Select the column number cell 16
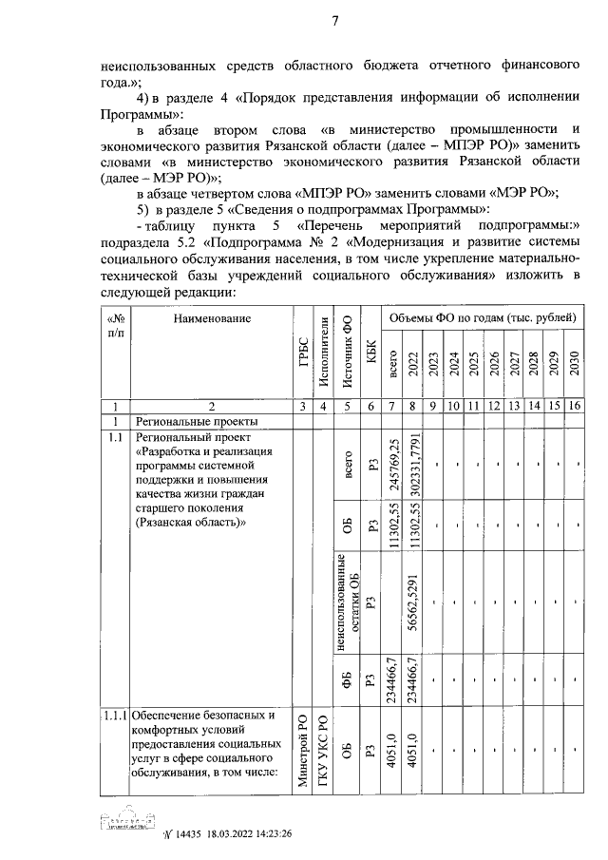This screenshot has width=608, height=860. click(575, 407)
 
